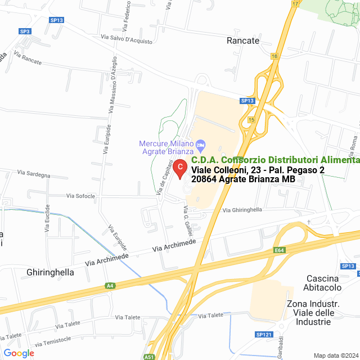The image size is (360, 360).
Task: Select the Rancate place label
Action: point(242,41)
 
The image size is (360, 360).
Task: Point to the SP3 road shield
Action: point(25,31)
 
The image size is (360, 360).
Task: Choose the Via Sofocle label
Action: point(80,196)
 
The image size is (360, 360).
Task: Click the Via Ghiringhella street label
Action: point(242,210)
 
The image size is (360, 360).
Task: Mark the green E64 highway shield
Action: point(280,250)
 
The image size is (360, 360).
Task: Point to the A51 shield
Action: point(149,356)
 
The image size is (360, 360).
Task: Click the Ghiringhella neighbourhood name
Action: point(51,272)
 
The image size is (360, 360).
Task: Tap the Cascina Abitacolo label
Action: point(323,283)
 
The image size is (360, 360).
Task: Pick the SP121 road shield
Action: point(263,335)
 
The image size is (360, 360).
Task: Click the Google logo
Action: point(19,353)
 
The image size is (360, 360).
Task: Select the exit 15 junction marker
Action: point(251,120)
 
